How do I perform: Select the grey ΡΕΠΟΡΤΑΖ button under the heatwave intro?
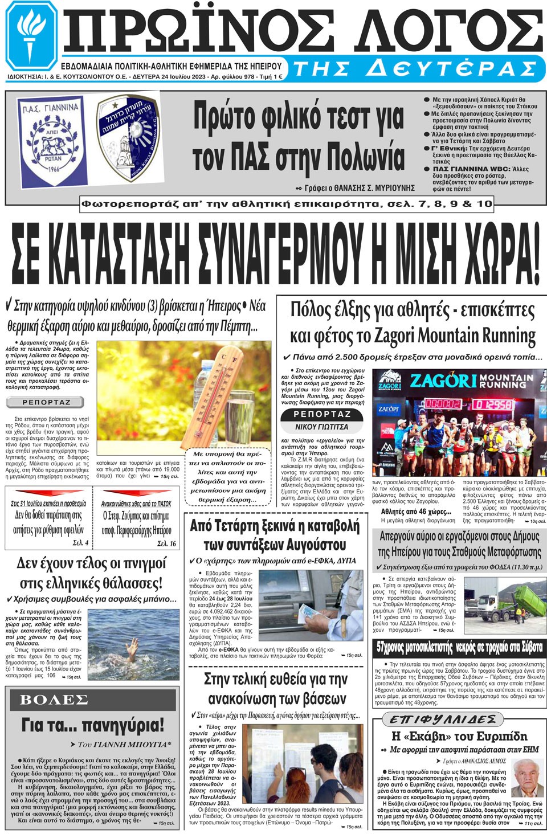click(46, 402)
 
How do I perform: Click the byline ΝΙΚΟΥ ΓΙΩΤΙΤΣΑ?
click(321, 427)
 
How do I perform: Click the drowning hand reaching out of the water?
click(132, 647)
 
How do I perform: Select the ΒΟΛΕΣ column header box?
click(54, 700)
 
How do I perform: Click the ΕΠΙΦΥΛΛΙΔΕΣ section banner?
click(442, 720)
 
